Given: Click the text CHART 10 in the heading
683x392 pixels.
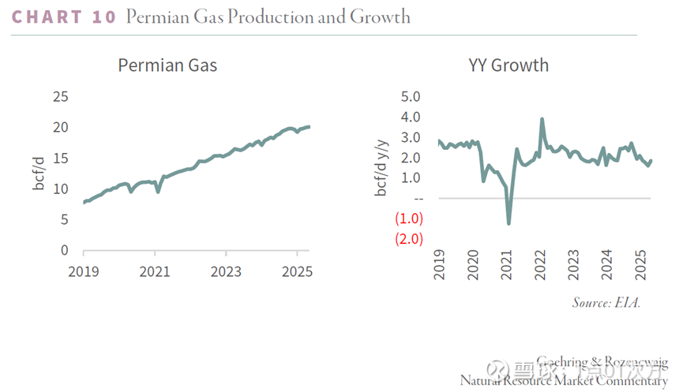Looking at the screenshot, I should (64, 17).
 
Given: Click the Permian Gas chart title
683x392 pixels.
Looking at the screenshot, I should (167, 65).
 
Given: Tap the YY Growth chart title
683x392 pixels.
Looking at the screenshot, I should (508, 65).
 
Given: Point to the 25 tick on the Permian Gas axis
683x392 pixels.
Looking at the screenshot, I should (60, 97).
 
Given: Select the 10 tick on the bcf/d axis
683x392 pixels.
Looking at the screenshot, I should (60, 189).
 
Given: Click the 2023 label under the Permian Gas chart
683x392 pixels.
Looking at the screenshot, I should (226, 272).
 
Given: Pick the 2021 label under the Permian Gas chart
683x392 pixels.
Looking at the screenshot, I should (155, 272).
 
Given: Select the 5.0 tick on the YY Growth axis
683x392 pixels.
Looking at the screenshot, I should (412, 97).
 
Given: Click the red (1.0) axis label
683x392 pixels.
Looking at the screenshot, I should (410, 218).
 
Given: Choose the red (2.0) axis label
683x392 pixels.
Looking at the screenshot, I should (410, 239).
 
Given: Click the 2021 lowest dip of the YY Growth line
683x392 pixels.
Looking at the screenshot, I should (509, 223).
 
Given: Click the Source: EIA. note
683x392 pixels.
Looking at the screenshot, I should (606, 303).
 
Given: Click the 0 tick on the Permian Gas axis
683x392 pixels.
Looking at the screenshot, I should (64, 251).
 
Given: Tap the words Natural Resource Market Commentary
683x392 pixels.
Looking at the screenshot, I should (564, 381).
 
